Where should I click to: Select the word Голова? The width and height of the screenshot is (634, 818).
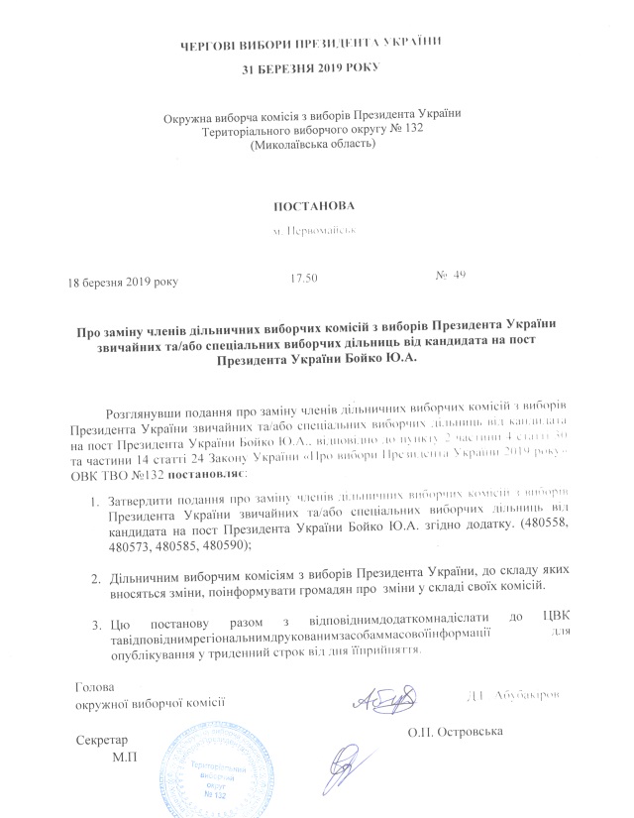coord(95,686)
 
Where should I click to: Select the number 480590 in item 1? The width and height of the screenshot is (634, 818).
coord(230,546)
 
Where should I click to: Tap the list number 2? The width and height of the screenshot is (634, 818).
coord(94,577)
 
